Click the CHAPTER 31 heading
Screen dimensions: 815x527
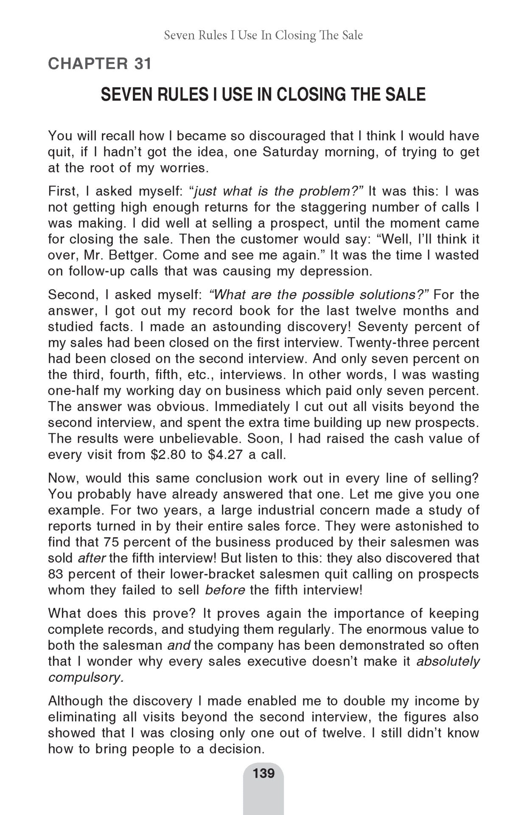point(100,64)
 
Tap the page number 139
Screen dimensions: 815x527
point(263,773)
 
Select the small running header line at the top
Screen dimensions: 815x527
point(263,35)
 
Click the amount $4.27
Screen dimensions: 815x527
point(226,455)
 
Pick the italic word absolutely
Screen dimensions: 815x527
point(448,661)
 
